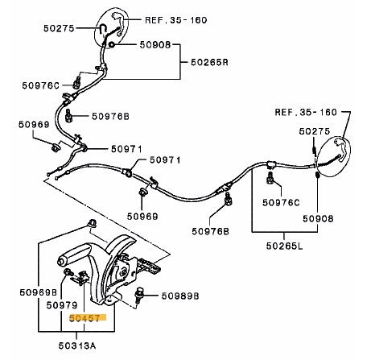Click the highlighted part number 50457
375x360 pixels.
tap(85, 319)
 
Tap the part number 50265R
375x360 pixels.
tap(210, 62)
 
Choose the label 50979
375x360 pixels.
tap(61, 305)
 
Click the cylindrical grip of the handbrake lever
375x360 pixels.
tap(73, 258)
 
